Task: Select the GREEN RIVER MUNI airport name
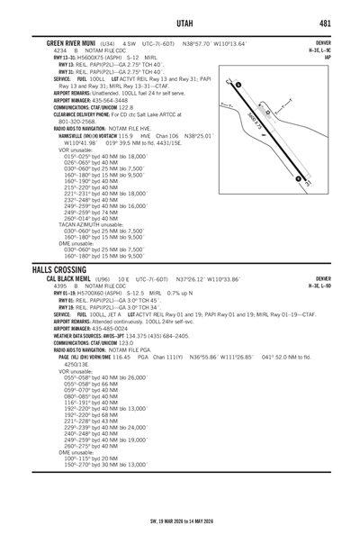point(65,42)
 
